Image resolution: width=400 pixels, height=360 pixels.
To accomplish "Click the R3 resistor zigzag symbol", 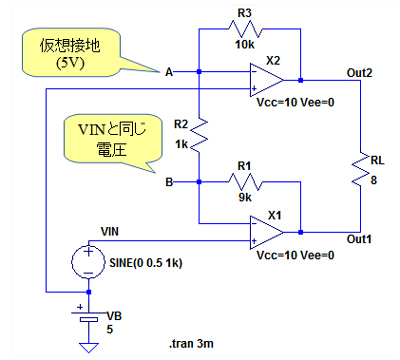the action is click(245, 29).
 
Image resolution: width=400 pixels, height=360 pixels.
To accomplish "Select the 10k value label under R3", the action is click(245, 45).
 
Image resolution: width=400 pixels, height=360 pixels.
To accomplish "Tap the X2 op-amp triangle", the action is click(267, 80).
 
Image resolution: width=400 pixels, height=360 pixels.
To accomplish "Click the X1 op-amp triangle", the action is click(267, 232).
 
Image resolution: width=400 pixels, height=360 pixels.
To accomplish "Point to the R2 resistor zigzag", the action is click(199, 136).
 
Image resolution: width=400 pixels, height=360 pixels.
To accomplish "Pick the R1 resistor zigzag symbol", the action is click(245, 182).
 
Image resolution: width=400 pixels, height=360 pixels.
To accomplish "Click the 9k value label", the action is click(245, 197).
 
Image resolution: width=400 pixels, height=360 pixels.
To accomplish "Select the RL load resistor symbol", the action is click(360, 169).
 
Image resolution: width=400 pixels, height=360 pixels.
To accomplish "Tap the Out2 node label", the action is click(359, 73).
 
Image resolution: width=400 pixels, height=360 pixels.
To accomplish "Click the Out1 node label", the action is click(359, 239).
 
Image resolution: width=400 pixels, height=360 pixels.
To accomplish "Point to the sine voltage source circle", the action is click(88, 262).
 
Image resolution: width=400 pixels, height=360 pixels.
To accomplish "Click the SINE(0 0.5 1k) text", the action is click(146, 263).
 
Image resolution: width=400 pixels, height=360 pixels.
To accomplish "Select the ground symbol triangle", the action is click(89, 348).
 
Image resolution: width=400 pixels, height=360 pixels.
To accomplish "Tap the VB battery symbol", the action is click(89, 316).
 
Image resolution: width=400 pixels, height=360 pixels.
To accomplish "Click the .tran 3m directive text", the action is click(191, 343).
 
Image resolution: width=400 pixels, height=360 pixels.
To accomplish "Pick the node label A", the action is click(169, 72).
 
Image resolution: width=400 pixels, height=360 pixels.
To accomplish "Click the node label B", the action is click(169, 182).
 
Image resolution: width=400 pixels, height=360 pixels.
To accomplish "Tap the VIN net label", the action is click(110, 231).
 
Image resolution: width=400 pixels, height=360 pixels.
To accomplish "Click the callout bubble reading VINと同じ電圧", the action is click(113, 139).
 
